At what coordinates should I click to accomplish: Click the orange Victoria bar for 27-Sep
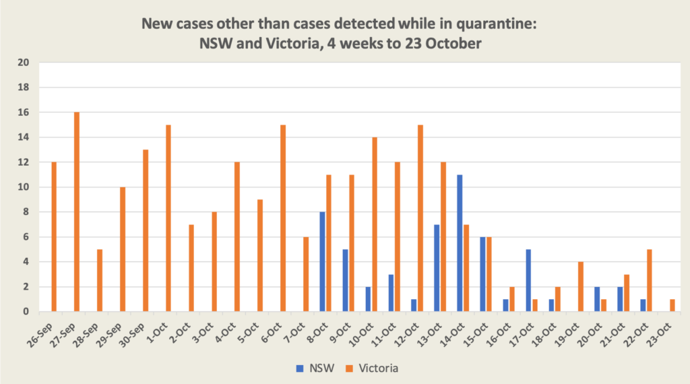coord(77,212)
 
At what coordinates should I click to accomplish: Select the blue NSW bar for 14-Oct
coord(460,243)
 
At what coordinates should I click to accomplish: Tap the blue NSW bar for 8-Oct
coord(323,261)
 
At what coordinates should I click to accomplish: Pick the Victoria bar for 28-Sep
coord(100,280)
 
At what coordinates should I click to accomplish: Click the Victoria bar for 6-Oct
coord(283,218)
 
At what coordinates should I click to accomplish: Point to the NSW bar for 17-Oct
coord(529,280)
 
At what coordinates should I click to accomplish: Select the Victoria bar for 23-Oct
coord(672,305)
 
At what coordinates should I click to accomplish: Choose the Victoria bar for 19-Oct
coord(581,286)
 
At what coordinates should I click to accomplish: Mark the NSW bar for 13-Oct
coord(437,267)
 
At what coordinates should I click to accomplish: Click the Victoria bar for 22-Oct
coord(650,280)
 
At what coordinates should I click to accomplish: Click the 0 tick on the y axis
coord(26,312)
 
